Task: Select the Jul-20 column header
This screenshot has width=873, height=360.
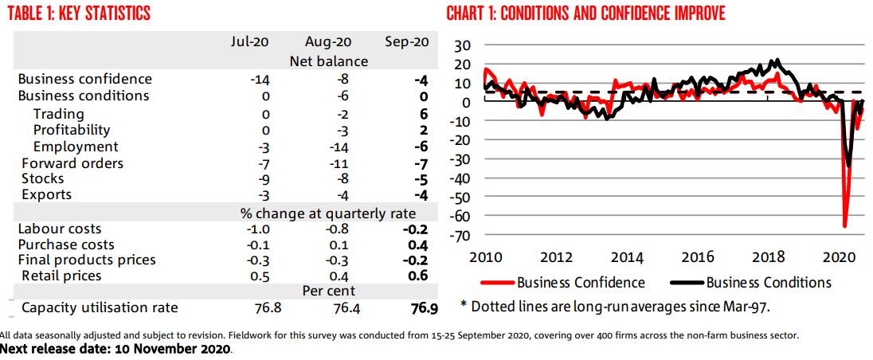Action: tap(249, 41)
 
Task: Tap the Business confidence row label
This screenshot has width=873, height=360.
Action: tap(84, 79)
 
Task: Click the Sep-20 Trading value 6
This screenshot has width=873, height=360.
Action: tap(424, 113)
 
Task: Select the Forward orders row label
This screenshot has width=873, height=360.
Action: tap(72, 162)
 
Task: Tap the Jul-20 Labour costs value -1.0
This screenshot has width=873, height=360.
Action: tap(257, 229)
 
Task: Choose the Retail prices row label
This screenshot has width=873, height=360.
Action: tap(61, 276)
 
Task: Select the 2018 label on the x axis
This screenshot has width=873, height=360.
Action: tap(769, 256)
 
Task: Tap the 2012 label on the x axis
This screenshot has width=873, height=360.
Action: tap(556, 256)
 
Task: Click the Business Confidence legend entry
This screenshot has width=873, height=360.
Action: tap(581, 282)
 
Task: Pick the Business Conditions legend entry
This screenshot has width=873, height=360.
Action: tap(768, 282)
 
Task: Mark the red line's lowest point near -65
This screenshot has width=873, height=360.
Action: tap(844, 226)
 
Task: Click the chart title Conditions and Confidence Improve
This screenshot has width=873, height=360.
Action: tap(585, 14)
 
